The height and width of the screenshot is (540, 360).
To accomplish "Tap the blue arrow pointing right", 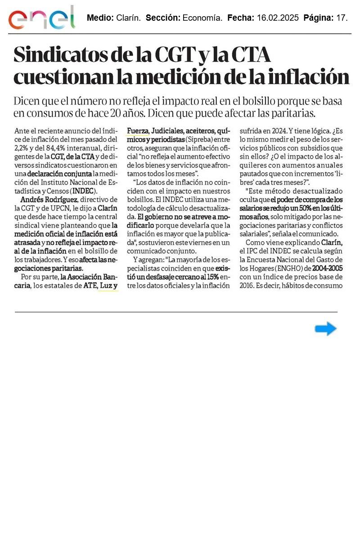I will pyautogui.click(x=325, y=329).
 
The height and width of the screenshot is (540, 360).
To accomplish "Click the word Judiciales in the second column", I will pyautogui.click(x=167, y=131).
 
